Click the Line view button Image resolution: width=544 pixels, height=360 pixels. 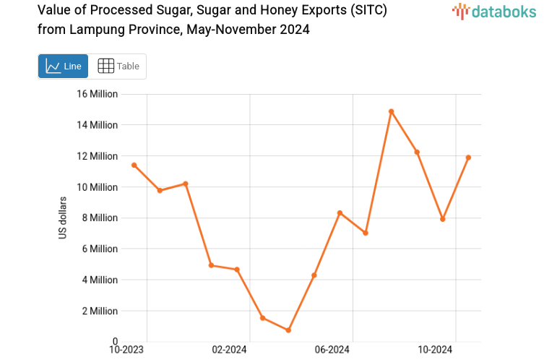tap(63, 67)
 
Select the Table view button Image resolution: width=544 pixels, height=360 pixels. tap(118, 67)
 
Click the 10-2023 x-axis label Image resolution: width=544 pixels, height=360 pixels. tap(126, 350)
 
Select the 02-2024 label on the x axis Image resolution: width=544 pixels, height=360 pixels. tap(229, 350)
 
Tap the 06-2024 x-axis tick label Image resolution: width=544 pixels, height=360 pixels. tap(332, 350)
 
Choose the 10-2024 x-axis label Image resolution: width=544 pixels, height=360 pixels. tap(436, 350)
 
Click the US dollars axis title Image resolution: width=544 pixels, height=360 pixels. tap(63, 218)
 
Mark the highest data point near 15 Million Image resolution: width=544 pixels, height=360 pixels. tap(391, 111)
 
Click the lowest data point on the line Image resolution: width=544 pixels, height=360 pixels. tap(288, 330)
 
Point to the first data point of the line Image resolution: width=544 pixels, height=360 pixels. tap(134, 165)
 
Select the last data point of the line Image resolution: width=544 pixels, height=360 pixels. tap(468, 158)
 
